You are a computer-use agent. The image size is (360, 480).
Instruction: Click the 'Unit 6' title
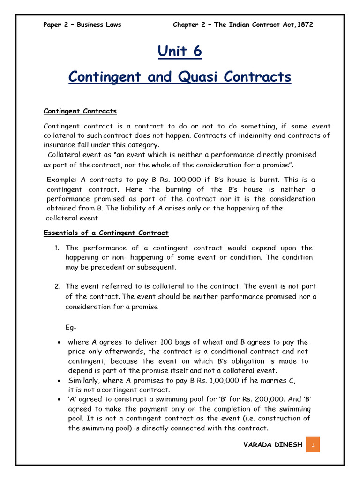180,51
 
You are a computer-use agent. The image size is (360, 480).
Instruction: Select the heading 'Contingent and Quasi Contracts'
180,76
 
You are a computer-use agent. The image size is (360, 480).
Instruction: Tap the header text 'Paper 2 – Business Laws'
82,25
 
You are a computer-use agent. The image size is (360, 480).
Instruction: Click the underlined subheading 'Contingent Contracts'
80,111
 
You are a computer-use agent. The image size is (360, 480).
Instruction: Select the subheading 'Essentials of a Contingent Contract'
106,232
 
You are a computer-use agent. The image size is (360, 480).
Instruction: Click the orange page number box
313,445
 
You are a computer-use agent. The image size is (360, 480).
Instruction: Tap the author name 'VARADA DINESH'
273,445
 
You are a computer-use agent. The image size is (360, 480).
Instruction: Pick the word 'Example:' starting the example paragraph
62,180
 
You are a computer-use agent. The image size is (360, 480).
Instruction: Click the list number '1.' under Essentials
57,248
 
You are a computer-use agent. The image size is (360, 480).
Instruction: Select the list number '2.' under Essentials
57,286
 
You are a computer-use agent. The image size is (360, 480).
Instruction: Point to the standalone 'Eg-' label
71,327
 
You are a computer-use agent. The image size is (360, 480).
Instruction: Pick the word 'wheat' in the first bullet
192,342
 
